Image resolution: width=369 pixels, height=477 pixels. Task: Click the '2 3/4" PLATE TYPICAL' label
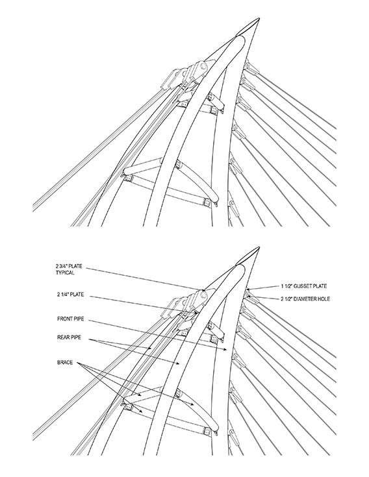(x=69, y=269)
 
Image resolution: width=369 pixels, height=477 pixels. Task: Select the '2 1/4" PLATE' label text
(x=70, y=295)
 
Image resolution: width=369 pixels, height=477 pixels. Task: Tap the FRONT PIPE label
(x=70, y=319)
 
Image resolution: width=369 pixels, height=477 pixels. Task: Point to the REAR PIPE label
(x=69, y=337)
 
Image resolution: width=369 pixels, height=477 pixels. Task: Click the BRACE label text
(x=65, y=362)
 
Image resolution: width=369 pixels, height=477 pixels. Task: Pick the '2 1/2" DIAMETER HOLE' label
(x=305, y=299)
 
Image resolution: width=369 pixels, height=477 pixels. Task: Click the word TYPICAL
(x=65, y=273)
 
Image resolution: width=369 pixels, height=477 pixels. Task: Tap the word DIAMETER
(x=305, y=299)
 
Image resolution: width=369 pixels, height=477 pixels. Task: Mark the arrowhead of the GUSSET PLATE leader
(x=248, y=289)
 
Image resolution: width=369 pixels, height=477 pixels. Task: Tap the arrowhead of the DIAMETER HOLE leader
(x=249, y=295)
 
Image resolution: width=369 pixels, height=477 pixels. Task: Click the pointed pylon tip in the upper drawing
(x=259, y=19)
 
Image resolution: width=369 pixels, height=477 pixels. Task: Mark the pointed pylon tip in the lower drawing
(x=259, y=248)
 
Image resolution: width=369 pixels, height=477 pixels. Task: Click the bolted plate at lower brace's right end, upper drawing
(x=207, y=202)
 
